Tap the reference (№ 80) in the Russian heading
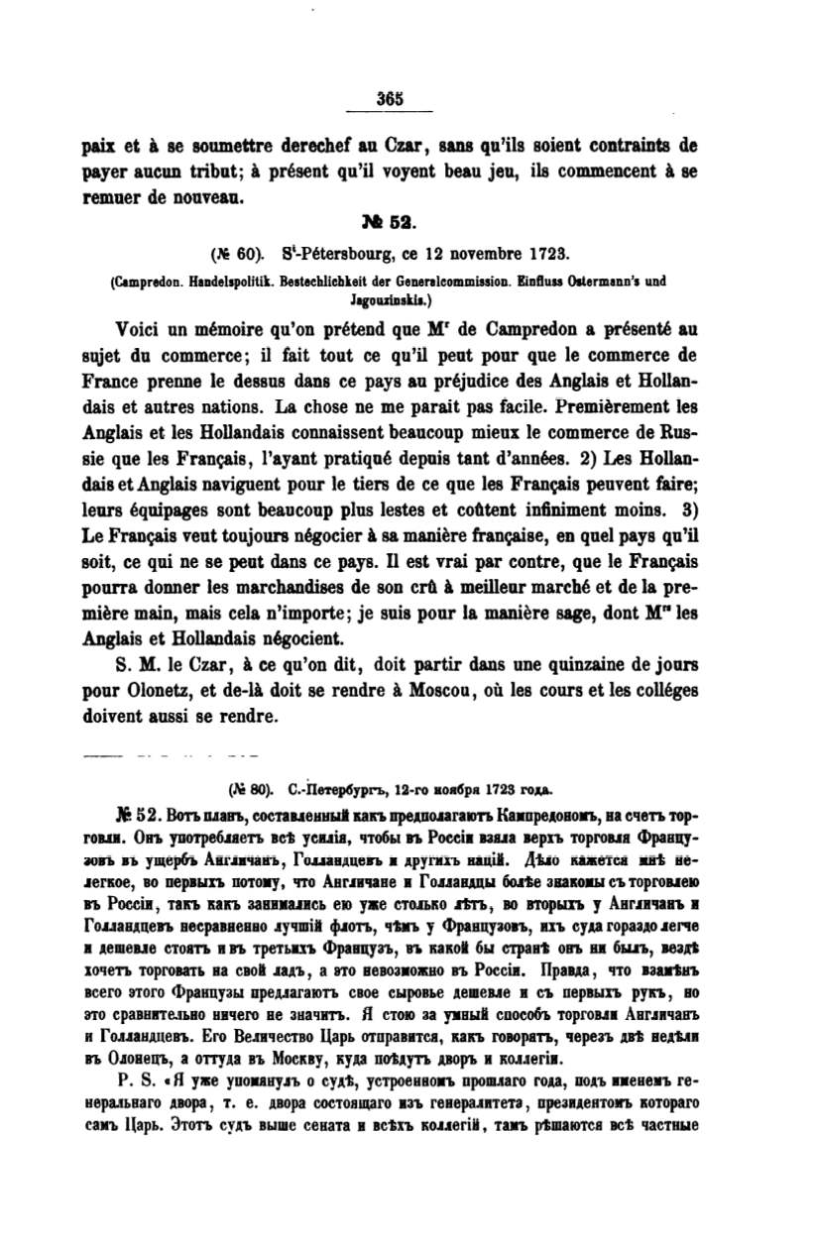point(248,790)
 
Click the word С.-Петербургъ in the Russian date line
point(321,790)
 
